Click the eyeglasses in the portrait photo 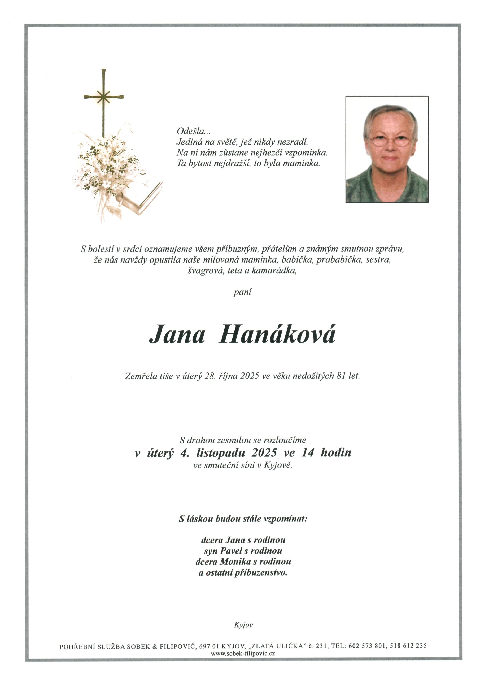(390, 141)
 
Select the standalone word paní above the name (242, 293)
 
